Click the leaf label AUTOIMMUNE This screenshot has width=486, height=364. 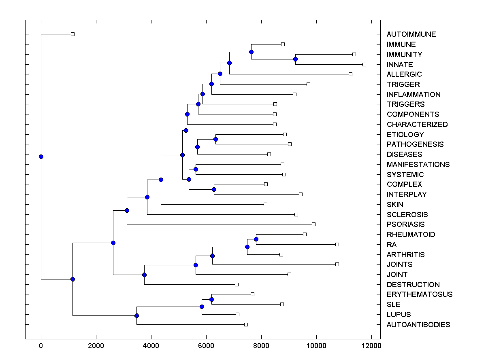coord(411,34)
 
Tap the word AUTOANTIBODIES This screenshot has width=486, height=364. coord(418,325)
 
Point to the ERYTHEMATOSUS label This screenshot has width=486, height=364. coord(419,294)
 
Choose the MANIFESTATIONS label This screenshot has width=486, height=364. coord(418,165)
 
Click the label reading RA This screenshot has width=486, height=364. coord(392,245)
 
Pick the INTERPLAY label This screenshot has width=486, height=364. coord(407,195)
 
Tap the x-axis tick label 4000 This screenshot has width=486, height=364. coord(151,346)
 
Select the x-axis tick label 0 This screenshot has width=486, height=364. coord(41,346)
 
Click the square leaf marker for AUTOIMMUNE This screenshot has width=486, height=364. coord(72,34)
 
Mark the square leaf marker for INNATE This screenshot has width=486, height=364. coord(364,64)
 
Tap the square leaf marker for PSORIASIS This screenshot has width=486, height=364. coord(313,224)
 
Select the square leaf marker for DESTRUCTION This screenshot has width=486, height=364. coord(237,284)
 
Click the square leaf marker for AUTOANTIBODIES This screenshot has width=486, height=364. coord(246,324)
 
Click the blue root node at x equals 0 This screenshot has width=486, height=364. coord(41,157)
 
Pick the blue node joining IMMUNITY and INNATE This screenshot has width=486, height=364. coord(295,59)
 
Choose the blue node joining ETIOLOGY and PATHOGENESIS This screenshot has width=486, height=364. coord(215,139)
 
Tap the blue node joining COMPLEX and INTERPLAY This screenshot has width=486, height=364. coord(214,189)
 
